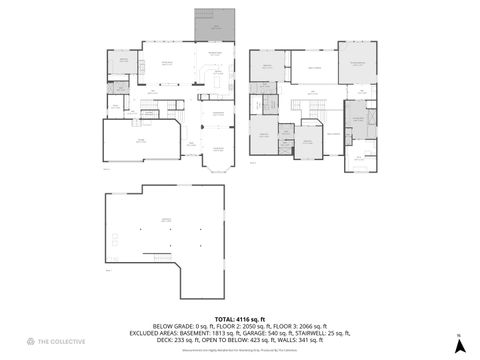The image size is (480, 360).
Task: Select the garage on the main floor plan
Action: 141,141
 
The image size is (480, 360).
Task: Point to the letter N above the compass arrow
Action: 458,336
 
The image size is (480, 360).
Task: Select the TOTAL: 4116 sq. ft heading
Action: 239,319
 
